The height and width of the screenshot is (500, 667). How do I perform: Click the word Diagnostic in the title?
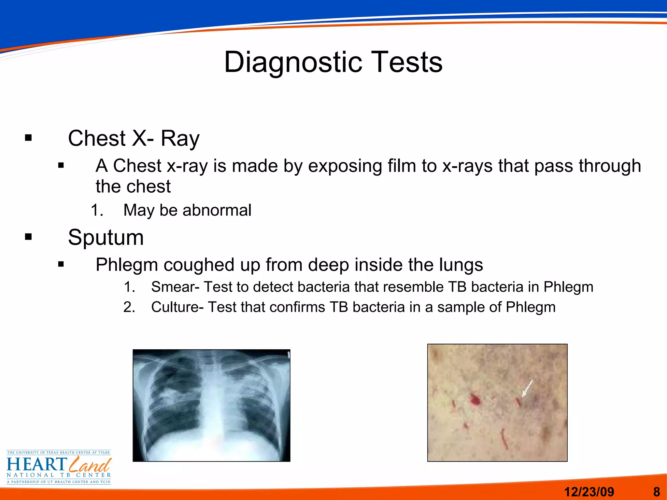coord(293,62)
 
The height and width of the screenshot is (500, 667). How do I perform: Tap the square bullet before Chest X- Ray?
coord(29,138)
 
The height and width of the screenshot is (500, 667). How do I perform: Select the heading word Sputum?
coord(106,237)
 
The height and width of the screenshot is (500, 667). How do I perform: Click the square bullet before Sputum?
coord(29,237)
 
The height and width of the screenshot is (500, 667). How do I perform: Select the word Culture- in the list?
coord(177,307)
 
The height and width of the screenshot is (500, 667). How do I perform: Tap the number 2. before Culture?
coord(129,307)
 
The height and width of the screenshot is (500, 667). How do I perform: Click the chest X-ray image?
coord(211,405)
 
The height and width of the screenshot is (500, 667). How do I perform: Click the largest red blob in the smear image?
coord(475,399)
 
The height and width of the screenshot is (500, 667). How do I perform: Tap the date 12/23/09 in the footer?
coord(589,492)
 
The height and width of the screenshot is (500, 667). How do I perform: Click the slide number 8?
coord(657,492)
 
